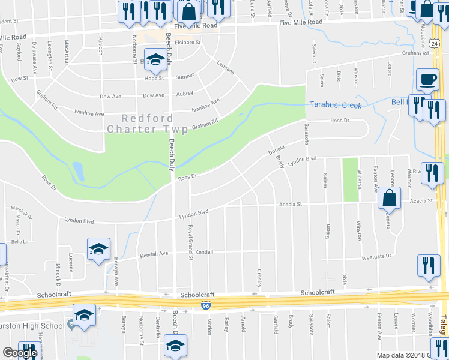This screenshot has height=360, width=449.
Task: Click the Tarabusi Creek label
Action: point(336,105)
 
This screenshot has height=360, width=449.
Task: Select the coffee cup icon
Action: point(427,80)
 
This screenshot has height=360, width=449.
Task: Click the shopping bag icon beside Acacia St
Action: point(390,199)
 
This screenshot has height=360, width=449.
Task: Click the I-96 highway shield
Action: point(205,306)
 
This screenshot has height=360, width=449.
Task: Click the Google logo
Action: point(20,353)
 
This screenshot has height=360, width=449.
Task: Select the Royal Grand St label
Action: point(191,242)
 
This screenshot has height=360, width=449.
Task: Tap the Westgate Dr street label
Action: point(376,257)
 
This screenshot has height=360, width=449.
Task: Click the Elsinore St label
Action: point(189,43)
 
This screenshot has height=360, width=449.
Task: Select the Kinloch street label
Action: point(101,47)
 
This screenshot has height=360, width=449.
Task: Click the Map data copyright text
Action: point(399,355)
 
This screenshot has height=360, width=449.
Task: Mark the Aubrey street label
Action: point(184,94)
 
